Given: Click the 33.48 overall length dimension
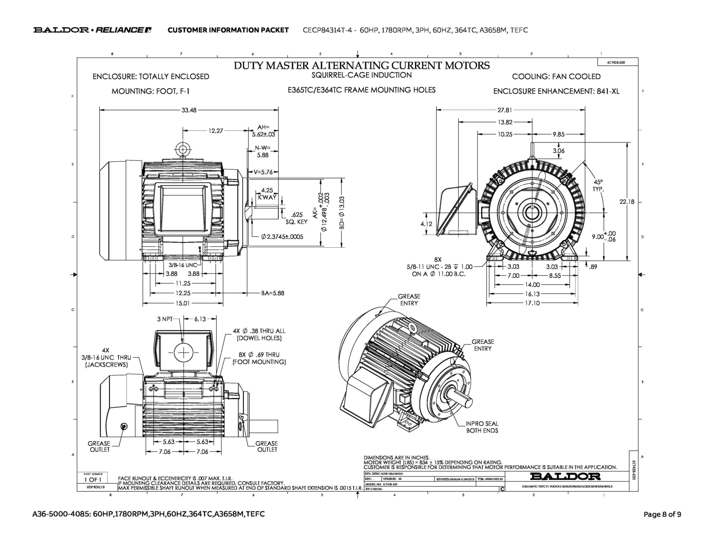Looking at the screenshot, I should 189,110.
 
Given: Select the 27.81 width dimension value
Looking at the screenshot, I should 504,110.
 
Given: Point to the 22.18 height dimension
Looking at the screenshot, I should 626,202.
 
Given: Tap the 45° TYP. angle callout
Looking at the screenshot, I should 598,186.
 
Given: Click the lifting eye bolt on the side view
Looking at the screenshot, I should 182,150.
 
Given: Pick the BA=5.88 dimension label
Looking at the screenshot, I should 273,293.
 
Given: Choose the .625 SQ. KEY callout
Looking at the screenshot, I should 296,218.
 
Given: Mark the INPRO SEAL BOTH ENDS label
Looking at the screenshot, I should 482,427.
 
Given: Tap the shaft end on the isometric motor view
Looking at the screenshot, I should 468,402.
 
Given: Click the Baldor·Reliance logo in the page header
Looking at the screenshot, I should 92,30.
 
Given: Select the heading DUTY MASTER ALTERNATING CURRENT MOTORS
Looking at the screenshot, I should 362,65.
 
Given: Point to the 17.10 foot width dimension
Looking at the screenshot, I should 532,303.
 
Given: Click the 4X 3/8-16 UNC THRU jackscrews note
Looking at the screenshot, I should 106,357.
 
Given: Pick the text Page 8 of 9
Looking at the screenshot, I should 662,514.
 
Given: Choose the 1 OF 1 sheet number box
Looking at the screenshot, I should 92,480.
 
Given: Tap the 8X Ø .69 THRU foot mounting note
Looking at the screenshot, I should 259,358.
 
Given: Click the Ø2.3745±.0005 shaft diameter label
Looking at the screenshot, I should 282,237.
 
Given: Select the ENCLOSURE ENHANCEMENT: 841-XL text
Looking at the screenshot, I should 556,91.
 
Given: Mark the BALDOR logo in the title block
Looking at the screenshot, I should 565,476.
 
